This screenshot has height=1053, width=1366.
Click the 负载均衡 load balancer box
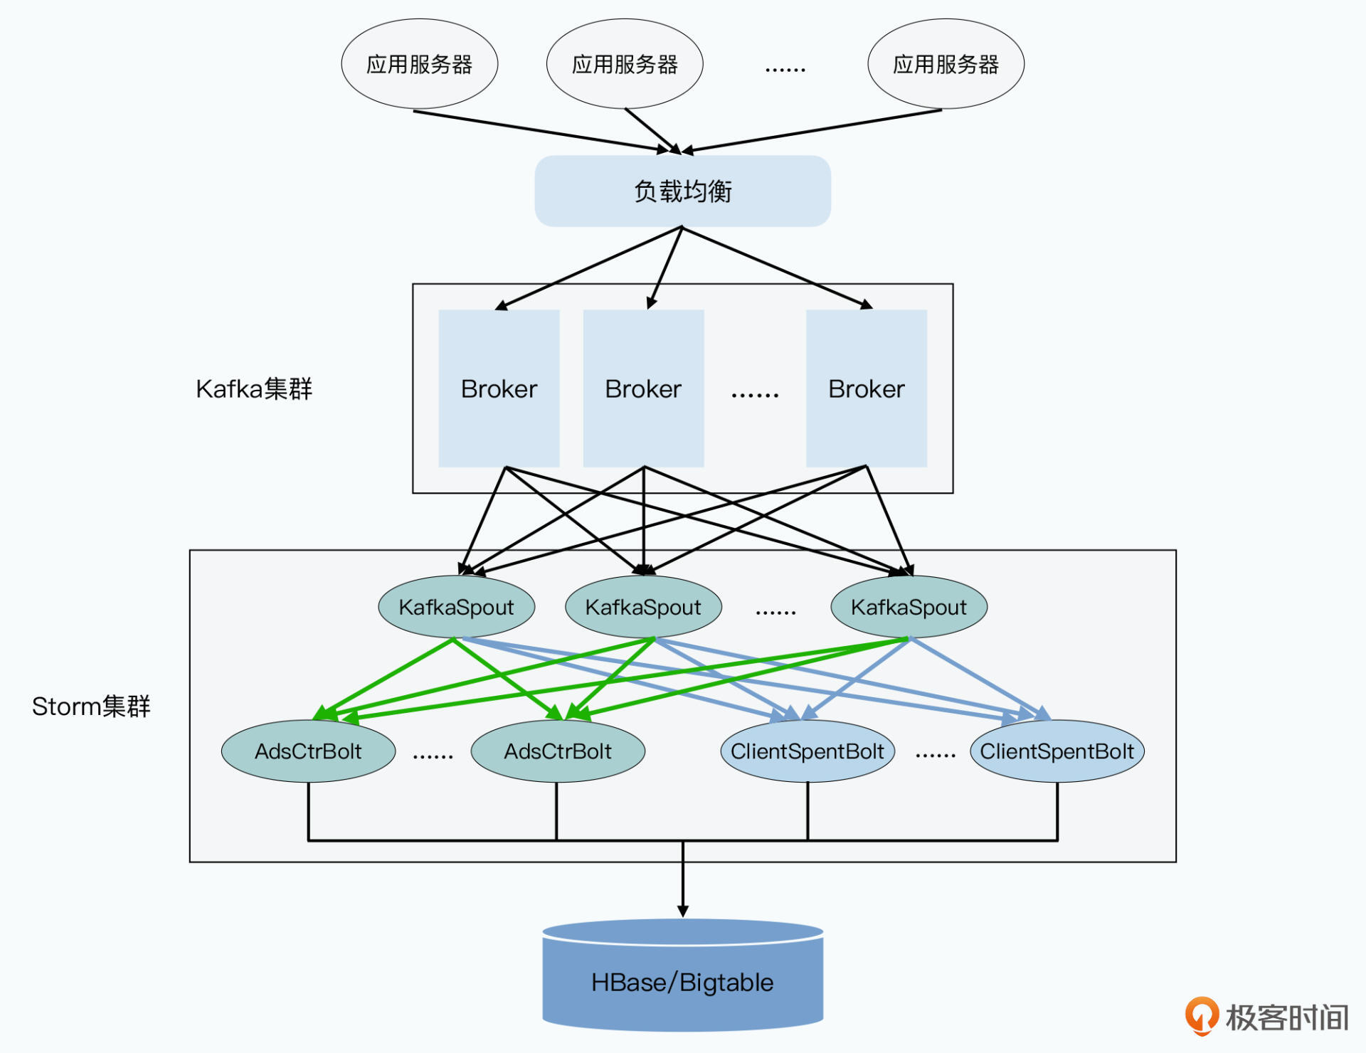pos(682,191)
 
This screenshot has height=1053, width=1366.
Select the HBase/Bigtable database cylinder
pos(682,982)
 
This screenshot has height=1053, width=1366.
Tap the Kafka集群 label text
pos(254,389)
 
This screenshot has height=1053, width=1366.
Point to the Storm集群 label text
pos(91,707)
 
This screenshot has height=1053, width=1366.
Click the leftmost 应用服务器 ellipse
pos(419,64)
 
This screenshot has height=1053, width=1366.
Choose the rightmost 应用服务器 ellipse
pos(946,64)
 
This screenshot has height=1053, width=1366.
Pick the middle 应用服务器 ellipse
pos(625,64)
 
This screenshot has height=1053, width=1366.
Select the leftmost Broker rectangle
pos(499,388)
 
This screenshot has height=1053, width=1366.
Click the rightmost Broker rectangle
pos(866,388)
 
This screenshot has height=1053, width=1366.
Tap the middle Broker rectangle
pos(643,388)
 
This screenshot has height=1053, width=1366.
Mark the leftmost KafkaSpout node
pos(456,607)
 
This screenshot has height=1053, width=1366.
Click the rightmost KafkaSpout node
pos(909,607)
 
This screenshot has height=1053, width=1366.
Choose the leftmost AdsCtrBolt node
pos(308,751)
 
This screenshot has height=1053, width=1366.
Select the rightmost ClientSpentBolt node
pos(1057,751)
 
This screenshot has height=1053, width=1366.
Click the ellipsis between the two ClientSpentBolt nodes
pos(935,755)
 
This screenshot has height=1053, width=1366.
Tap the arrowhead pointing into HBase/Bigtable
pos(682,911)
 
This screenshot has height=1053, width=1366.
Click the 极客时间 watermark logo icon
pos(1202,1015)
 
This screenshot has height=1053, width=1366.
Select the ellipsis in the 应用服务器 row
pos(785,70)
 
